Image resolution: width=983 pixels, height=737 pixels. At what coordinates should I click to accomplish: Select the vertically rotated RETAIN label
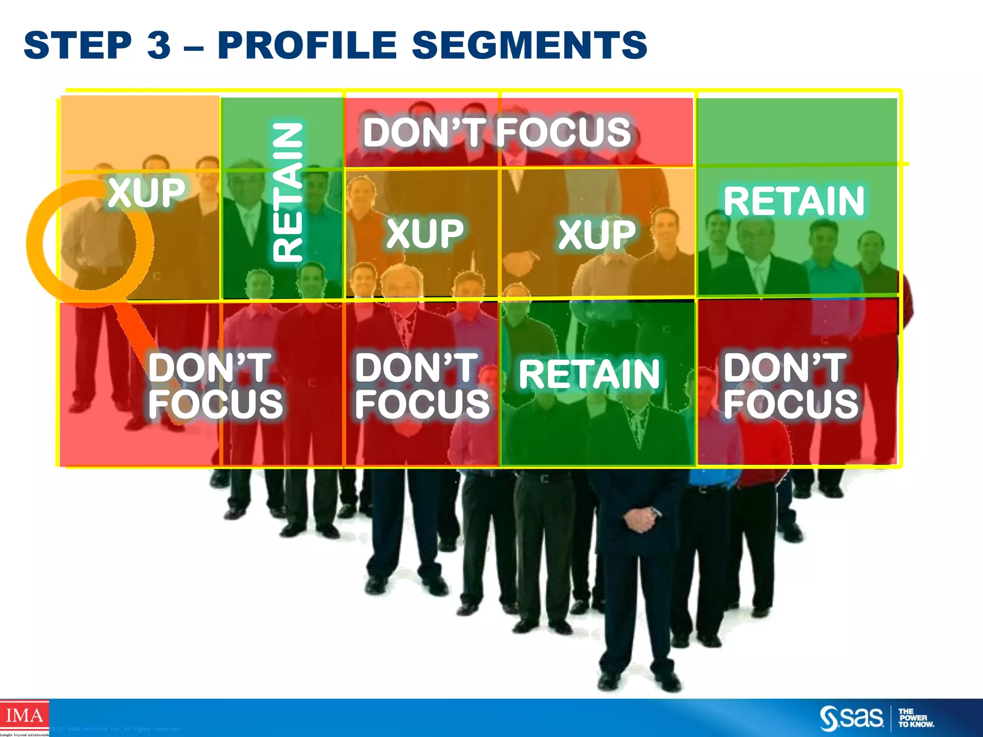pyautogui.click(x=288, y=192)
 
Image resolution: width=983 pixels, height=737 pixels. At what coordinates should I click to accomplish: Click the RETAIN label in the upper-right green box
pyautogui.click(x=794, y=202)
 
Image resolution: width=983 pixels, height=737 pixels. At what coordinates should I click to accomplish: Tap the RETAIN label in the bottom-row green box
pyautogui.click(x=589, y=374)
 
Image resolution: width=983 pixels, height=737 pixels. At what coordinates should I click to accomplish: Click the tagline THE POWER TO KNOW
pyautogui.click(x=915, y=718)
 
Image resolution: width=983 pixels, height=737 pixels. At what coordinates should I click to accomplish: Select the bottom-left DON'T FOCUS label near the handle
pyautogui.click(x=215, y=386)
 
